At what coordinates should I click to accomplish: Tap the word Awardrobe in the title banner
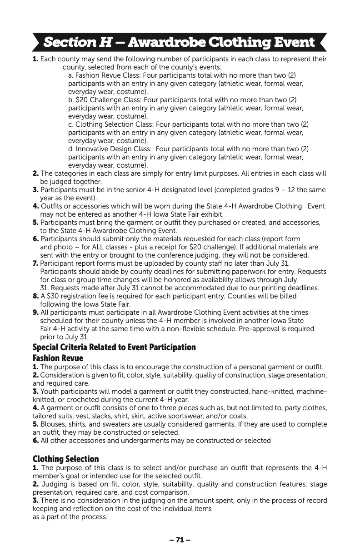click(167, 43)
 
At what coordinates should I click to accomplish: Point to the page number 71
click(180, 540)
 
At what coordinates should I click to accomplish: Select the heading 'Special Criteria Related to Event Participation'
click(114, 347)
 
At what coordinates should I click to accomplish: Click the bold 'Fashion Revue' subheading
click(58, 358)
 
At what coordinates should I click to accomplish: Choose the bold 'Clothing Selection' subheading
click(65, 459)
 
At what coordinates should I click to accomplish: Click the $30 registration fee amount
click(52, 296)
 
